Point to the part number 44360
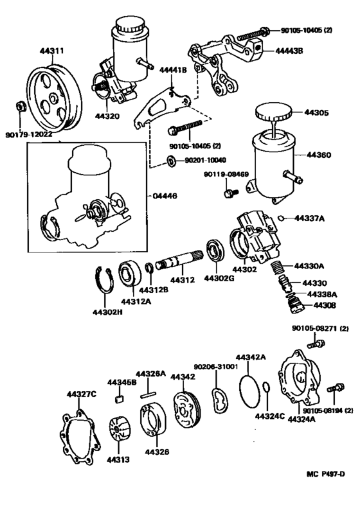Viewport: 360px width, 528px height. [319, 155]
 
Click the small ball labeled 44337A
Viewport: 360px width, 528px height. [282, 218]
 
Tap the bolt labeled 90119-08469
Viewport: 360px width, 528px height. [228, 192]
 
